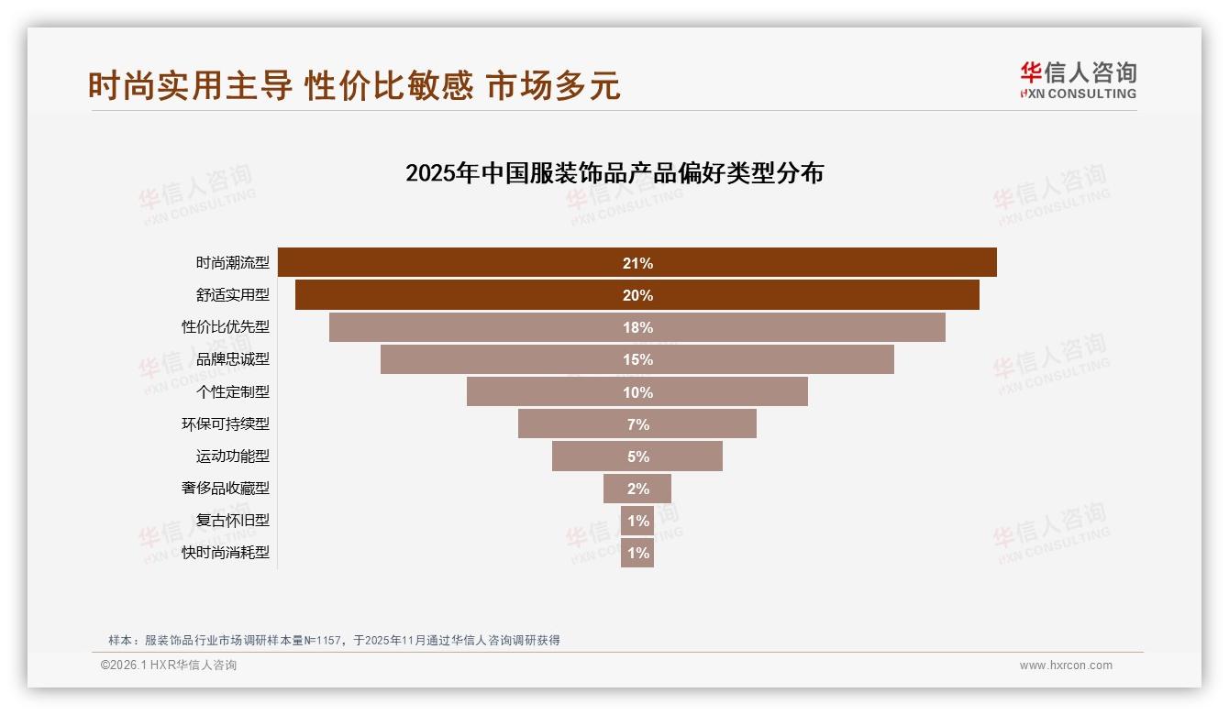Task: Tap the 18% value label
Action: [637, 328]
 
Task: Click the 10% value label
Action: [637, 392]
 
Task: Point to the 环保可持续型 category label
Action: [226, 424]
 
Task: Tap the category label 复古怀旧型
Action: [233, 521]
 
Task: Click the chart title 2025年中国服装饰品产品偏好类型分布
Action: [614, 173]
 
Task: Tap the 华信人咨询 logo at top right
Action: [1078, 81]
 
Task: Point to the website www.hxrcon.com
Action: [1066, 665]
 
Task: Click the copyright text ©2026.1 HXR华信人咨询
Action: [169, 665]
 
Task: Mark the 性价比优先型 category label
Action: [226, 327]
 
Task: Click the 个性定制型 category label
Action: [233, 392]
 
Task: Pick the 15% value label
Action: [637, 360]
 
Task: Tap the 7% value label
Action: [637, 424]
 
